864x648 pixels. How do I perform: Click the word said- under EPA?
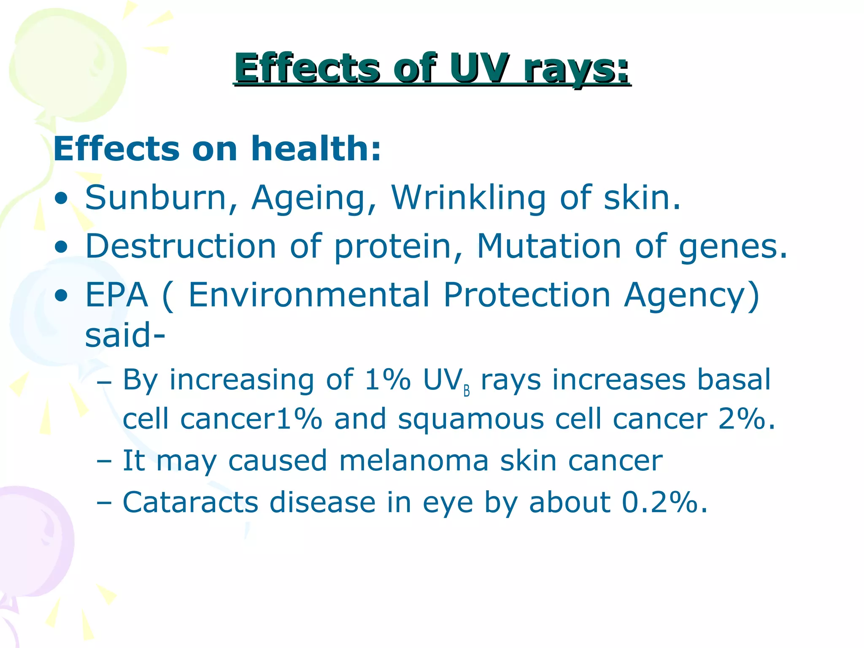[125, 335]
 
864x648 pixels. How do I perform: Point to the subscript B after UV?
[467, 391]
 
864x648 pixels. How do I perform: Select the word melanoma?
[414, 460]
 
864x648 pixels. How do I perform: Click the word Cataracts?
[190, 502]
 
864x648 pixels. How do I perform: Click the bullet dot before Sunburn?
[61, 198]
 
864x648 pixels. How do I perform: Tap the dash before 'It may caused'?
[104, 461]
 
